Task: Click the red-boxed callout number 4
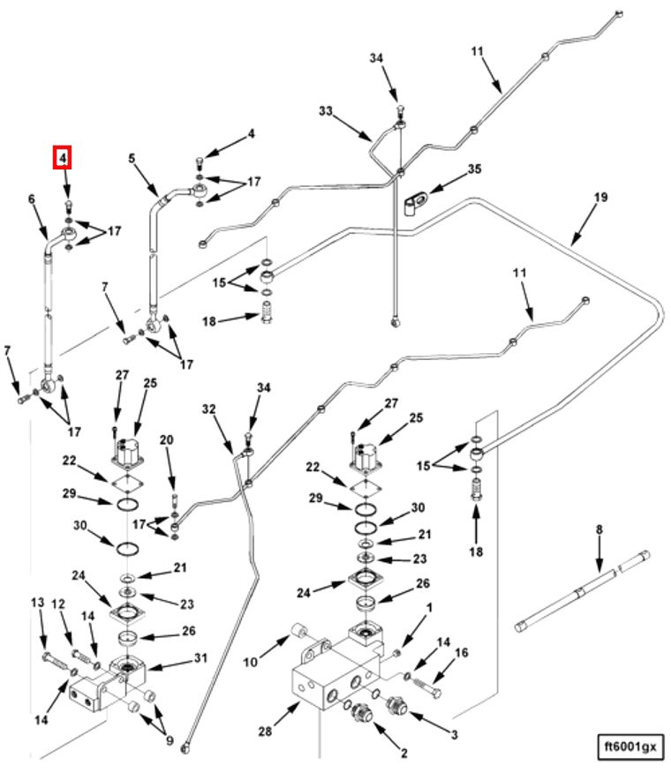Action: [63, 159]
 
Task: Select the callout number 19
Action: [600, 198]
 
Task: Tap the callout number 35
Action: [474, 169]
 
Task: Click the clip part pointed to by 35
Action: [412, 204]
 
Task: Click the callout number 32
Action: [208, 409]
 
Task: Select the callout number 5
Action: [132, 160]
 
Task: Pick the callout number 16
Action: [462, 653]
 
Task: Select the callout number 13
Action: [38, 602]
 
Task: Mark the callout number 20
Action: [167, 439]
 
